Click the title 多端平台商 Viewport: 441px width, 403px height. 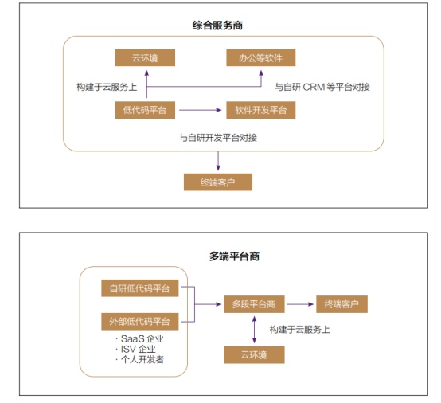(234, 256)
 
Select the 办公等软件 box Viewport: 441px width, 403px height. (260, 57)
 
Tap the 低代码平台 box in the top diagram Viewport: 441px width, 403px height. (146, 110)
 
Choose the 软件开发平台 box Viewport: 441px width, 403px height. (260, 110)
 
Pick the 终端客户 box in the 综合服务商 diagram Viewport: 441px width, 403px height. (217, 182)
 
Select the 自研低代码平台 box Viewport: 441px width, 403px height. (140, 288)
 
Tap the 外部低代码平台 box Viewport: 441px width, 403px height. (140, 322)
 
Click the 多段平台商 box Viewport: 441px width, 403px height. (254, 303)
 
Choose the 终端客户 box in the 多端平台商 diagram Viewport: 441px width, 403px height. (341, 303)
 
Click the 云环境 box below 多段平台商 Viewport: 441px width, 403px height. (254, 355)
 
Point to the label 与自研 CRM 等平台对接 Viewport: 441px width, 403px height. (322, 86)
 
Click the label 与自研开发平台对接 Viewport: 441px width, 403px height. (217, 137)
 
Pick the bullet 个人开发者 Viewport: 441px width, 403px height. (140, 360)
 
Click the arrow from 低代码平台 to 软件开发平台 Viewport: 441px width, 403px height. (200, 110)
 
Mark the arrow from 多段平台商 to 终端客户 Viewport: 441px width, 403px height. (300, 303)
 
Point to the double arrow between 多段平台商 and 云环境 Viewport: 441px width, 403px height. (254, 329)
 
